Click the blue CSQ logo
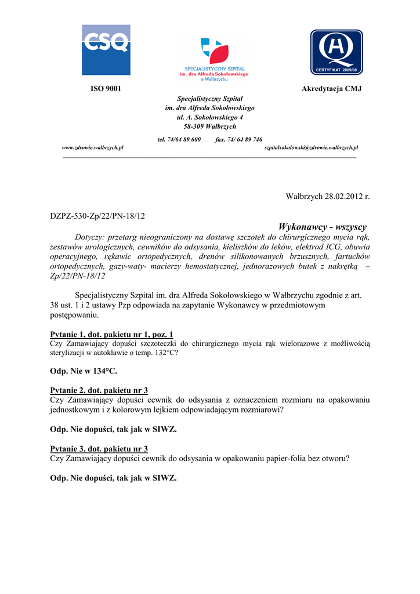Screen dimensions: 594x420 point(106,50)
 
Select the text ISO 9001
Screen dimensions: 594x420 point(106,89)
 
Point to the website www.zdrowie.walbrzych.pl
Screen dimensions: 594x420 point(93,148)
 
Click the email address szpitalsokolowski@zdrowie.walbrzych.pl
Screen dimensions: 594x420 point(311,148)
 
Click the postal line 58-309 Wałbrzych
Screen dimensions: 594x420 point(210,126)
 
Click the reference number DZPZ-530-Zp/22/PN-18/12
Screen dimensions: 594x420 point(97,216)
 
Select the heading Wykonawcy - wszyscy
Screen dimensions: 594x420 point(323,226)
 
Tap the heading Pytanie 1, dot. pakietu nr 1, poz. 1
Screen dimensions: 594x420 point(112,335)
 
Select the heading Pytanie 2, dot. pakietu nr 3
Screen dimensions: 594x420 point(99,390)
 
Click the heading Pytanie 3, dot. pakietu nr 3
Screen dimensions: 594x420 point(99,448)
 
